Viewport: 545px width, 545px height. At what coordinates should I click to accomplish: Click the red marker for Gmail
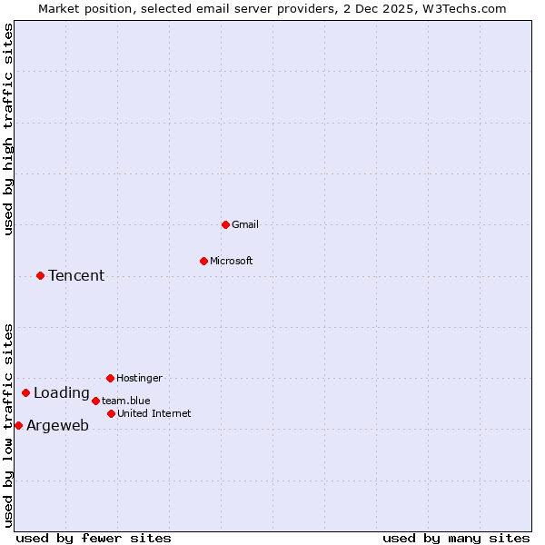(225, 224)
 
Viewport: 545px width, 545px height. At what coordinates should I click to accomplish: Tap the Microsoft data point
(203, 261)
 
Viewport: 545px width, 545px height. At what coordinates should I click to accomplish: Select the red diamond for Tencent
(40, 275)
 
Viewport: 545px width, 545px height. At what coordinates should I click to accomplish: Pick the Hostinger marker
(110, 378)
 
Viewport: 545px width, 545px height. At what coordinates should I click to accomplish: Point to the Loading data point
(25, 392)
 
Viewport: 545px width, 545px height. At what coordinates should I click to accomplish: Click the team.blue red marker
(95, 401)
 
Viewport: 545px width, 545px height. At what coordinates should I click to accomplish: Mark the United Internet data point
(111, 413)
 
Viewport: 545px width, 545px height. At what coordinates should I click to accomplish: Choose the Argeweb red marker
(18, 425)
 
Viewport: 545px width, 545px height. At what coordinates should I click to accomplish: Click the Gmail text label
(245, 224)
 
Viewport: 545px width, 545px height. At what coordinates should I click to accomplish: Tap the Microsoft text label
(232, 261)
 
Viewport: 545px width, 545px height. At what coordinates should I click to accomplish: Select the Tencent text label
(76, 276)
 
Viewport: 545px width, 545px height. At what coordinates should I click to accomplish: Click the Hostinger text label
(139, 378)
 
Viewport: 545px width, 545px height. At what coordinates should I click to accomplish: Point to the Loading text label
(62, 393)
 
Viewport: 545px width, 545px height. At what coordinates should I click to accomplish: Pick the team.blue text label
(126, 401)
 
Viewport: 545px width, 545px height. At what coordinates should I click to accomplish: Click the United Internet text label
(154, 413)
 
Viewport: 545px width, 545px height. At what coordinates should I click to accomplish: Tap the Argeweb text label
(57, 426)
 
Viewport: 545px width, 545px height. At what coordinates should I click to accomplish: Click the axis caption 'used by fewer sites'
(94, 538)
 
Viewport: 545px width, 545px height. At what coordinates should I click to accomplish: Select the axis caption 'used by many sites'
(456, 538)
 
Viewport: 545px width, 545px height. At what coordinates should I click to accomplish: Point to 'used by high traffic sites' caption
(8, 129)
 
